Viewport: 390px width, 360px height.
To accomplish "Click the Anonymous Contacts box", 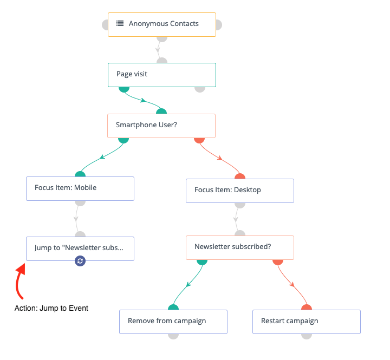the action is tap(162, 24).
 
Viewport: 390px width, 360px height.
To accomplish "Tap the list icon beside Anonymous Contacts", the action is tap(120, 23).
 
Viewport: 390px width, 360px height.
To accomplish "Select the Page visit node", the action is tap(162, 75).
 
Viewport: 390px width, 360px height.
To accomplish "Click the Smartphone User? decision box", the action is tap(161, 126).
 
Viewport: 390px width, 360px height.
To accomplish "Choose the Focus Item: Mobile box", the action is tap(80, 189).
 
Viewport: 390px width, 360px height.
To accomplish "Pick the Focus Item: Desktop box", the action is tap(240, 191).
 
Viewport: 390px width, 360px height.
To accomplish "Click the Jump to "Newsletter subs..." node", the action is tap(80, 248).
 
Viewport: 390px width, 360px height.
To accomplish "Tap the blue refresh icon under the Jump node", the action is tap(80, 261).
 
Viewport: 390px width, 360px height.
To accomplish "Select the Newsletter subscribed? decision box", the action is tap(240, 247).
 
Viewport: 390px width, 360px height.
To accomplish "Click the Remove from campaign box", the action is tap(173, 322).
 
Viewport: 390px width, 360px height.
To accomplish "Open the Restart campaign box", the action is tap(307, 322).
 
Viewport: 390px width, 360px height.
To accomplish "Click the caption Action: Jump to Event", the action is tap(51, 308).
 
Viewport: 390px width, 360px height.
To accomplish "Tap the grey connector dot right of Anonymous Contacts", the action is tap(219, 25).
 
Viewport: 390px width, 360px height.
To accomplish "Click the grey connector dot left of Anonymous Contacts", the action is tap(105, 25).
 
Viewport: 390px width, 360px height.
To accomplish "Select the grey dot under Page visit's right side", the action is tap(200, 89).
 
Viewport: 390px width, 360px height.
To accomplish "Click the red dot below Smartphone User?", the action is tap(199, 140).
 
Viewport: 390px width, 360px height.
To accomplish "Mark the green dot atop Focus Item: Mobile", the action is tap(80, 174).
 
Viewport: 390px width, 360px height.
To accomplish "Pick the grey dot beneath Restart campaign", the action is tap(307, 336).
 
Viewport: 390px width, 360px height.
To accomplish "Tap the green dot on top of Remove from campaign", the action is tap(173, 307).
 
